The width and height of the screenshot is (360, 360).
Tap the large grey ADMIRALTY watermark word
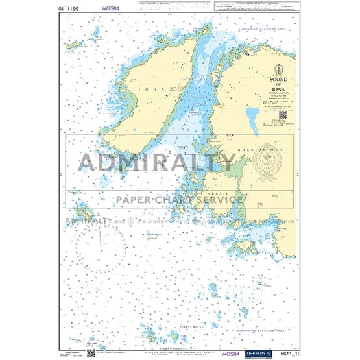[x=158, y=162]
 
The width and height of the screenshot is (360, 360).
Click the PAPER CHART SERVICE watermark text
[x=179, y=200]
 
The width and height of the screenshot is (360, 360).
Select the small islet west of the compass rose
[x=83, y=211]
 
